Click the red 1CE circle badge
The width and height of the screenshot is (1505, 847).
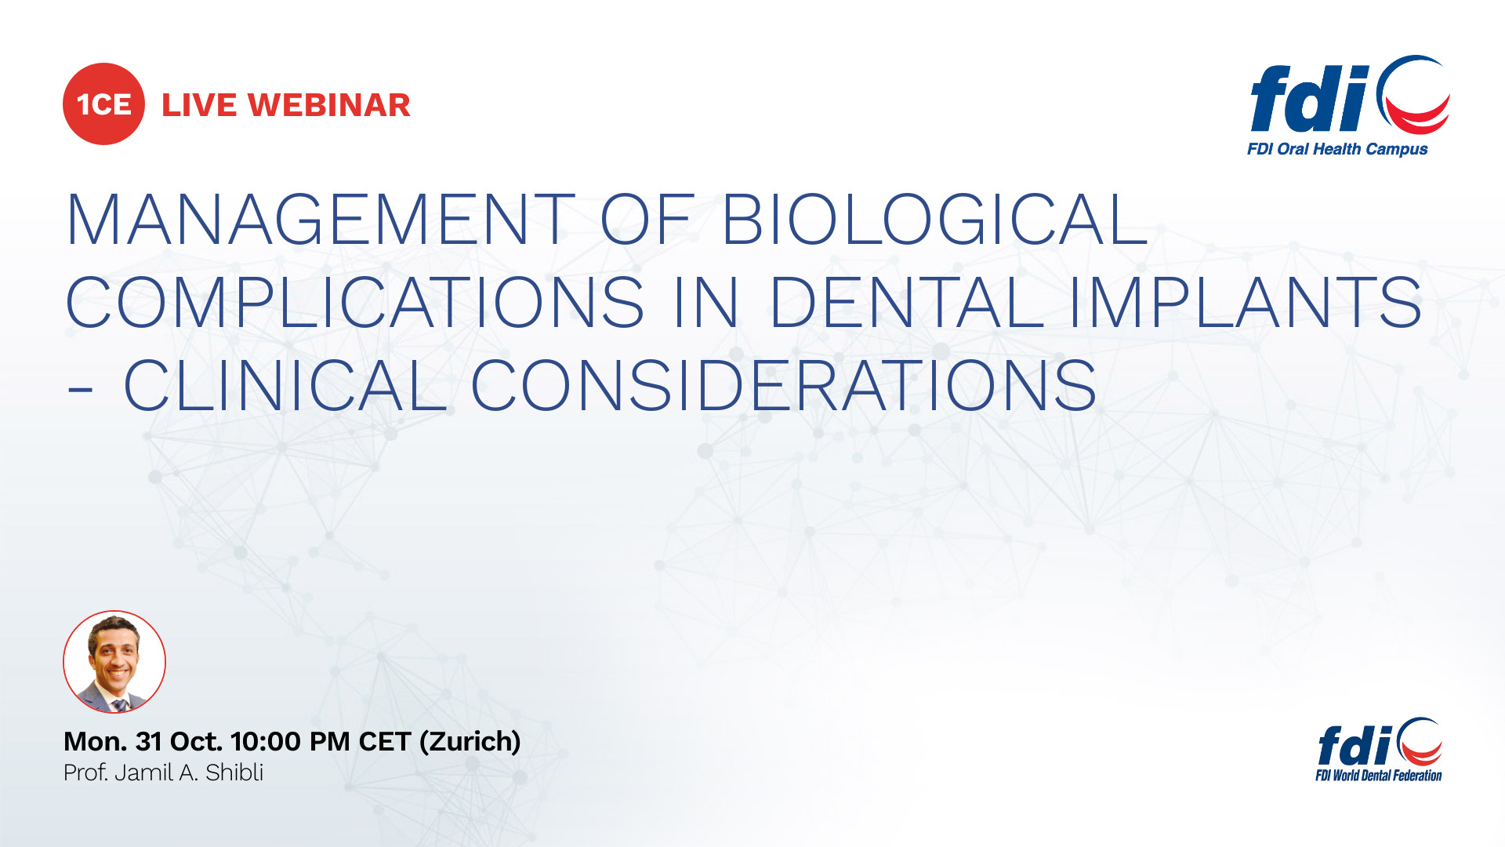[103, 104]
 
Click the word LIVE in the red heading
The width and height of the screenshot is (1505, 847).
[198, 105]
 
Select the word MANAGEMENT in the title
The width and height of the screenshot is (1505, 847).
[321, 220]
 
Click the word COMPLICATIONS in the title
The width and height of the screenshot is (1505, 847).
[355, 303]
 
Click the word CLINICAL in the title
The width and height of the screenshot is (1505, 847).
[285, 386]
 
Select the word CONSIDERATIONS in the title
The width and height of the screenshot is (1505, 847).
[783, 386]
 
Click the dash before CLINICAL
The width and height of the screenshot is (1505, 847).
[80, 388]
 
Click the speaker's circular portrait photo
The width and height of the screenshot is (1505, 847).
[114, 662]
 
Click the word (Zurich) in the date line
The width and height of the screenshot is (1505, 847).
[470, 742]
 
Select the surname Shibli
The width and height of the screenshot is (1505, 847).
[234, 773]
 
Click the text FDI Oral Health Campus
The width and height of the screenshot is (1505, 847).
[1337, 149]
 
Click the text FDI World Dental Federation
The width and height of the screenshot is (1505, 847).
[1378, 776]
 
